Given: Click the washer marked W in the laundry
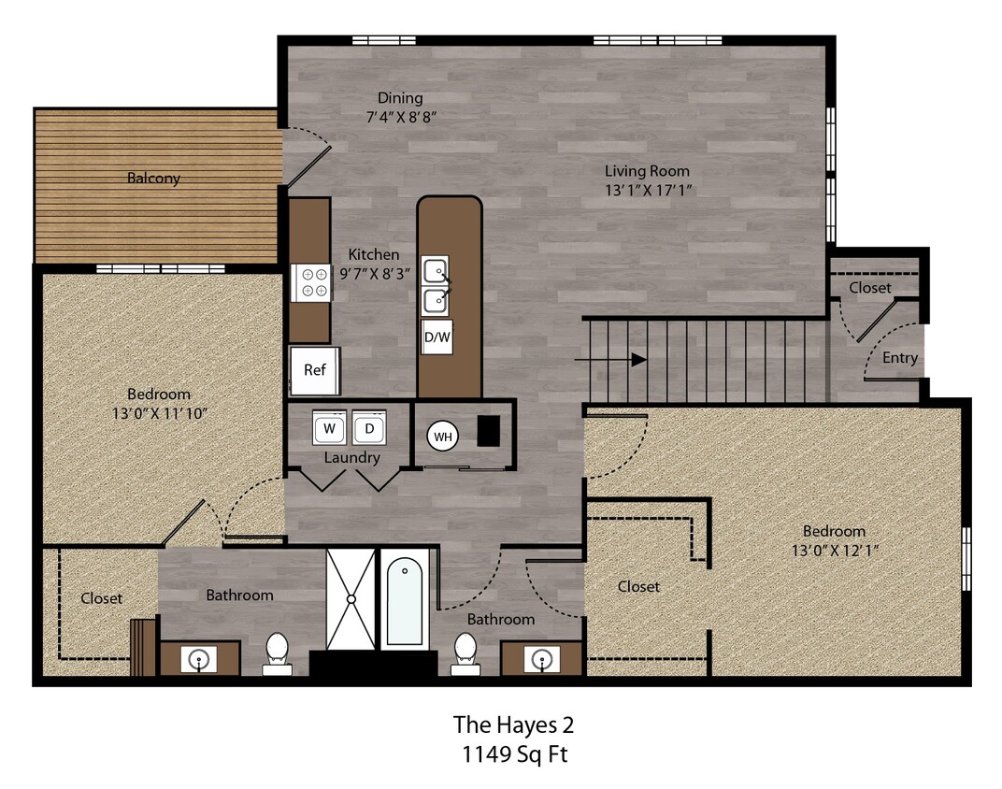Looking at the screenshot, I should coord(329,428).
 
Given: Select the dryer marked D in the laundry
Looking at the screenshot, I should coord(369,428).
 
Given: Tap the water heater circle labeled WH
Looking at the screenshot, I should coord(441,436).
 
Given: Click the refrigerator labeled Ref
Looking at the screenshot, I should coord(315,369).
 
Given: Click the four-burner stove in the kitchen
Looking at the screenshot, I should coord(310,282).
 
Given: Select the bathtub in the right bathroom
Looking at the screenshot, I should coord(405,600).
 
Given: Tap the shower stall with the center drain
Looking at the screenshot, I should coord(351,599).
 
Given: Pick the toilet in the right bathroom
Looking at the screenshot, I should coord(465,653).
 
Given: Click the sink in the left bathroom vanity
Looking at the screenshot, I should coord(200,660).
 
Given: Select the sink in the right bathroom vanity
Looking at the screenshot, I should coord(541,660).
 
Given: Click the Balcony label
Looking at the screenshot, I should coord(154,178).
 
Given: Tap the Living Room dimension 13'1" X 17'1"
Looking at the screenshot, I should coord(647,190).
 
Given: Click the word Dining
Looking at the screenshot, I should coord(400,98).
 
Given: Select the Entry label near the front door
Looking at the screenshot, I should coord(900,358).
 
